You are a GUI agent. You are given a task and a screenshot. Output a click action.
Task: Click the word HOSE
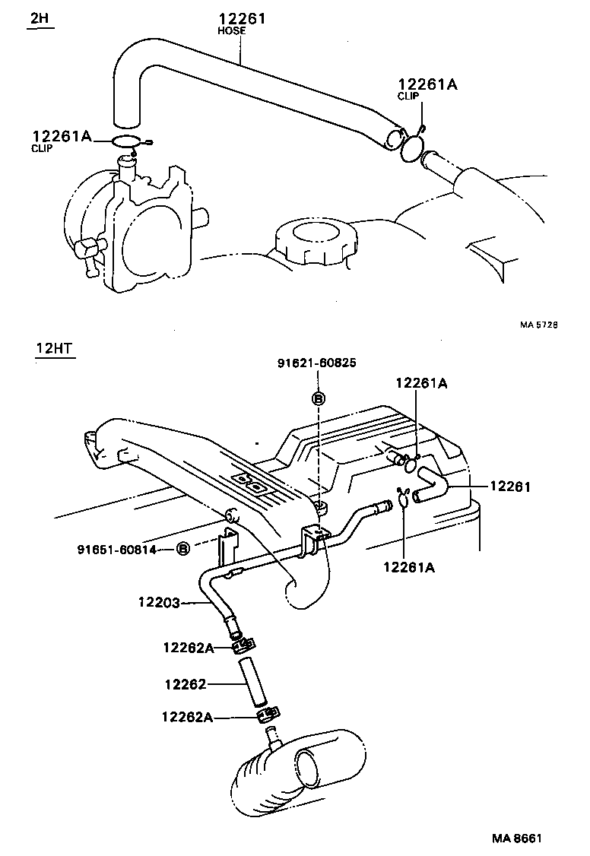pos(231,31)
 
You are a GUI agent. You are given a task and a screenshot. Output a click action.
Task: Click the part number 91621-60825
pos(316,365)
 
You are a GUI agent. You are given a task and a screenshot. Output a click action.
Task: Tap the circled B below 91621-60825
pos(319,398)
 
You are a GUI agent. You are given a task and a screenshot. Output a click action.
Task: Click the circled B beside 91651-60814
pos(182,549)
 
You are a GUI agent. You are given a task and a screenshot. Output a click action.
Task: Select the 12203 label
pos(158,603)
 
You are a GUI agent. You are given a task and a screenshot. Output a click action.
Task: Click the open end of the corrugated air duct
pos(316,767)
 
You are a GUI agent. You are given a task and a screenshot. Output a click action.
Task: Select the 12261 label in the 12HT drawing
pos(510,486)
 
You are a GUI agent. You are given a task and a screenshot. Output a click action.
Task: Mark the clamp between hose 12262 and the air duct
pos(268,715)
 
